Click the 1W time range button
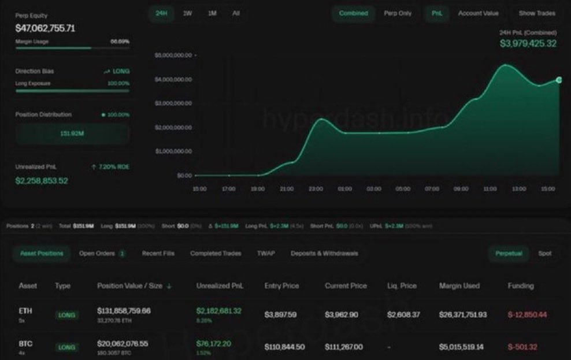(x=188, y=13)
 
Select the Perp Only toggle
(x=398, y=13)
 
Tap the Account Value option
(x=478, y=13)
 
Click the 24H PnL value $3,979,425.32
(x=528, y=44)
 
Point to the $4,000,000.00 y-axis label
(x=173, y=79)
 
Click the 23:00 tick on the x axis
(x=316, y=189)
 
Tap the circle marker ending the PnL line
(x=559, y=80)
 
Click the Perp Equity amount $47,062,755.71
(x=45, y=28)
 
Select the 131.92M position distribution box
(x=72, y=134)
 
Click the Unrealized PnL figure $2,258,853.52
(x=42, y=181)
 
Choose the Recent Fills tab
(x=158, y=254)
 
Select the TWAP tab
(x=266, y=254)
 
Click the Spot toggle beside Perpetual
(x=544, y=254)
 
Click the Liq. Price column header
(x=401, y=286)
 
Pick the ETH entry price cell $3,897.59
(x=280, y=315)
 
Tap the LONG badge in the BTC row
(x=66, y=347)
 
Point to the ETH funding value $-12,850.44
(x=527, y=315)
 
